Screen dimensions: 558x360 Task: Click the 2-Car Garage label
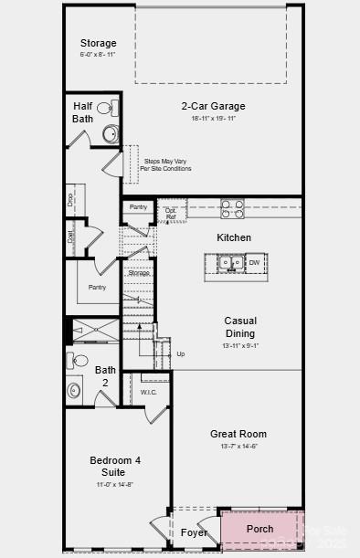click(x=213, y=106)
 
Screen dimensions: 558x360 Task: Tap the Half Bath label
click(x=82, y=112)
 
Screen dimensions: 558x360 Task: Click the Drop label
click(x=69, y=197)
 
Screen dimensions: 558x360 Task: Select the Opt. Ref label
click(x=171, y=212)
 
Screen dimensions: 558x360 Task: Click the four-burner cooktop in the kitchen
click(x=232, y=209)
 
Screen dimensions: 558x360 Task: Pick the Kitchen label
click(x=234, y=237)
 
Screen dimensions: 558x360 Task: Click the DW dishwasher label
click(x=254, y=264)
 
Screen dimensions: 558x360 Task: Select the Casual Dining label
click(x=240, y=327)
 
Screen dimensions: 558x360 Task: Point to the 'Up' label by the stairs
click(x=180, y=353)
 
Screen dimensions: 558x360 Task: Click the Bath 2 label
click(x=105, y=376)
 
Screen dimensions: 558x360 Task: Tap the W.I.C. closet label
click(x=149, y=393)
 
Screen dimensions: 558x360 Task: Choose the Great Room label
click(x=238, y=434)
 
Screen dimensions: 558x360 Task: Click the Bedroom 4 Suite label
click(x=114, y=466)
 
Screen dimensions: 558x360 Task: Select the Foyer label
click(x=194, y=532)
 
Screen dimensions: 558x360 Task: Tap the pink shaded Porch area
click(x=260, y=529)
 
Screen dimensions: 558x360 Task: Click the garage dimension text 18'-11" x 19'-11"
click(x=213, y=119)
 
